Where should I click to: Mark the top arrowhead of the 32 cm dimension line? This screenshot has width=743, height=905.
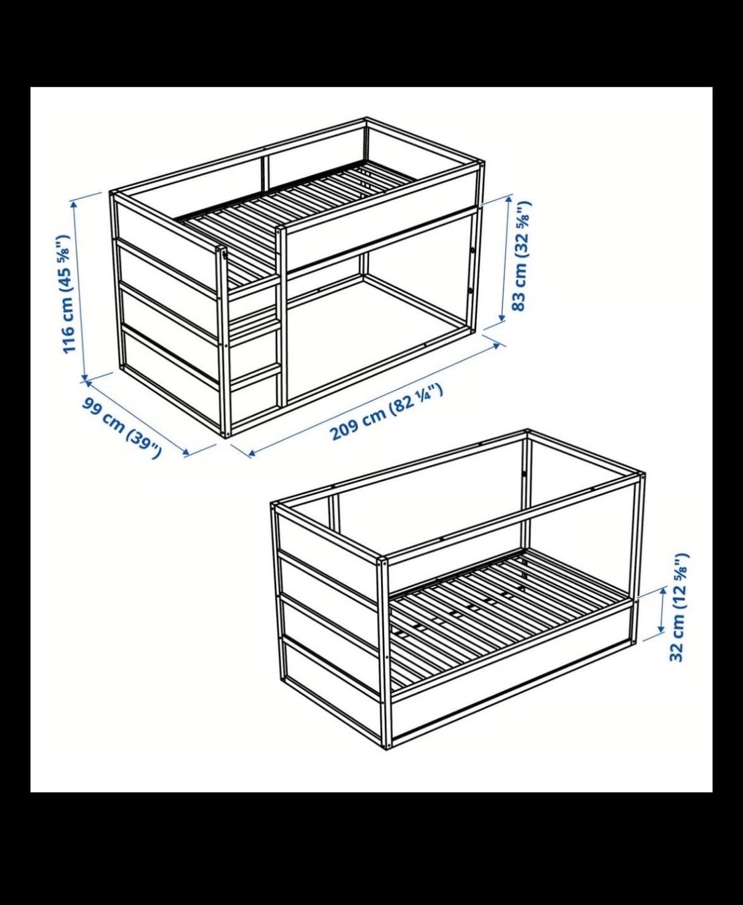663,593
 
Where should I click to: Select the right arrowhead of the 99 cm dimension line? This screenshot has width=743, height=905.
186,451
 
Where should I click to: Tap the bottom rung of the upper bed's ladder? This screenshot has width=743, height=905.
254,373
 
